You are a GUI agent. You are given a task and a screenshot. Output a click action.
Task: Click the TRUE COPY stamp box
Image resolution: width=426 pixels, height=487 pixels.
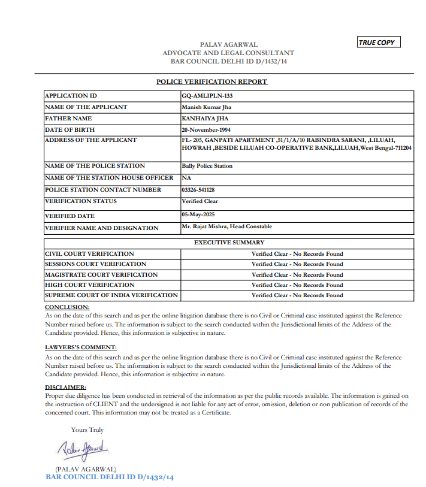click(377, 43)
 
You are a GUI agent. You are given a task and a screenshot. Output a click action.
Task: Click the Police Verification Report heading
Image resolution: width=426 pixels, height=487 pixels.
click(212, 81)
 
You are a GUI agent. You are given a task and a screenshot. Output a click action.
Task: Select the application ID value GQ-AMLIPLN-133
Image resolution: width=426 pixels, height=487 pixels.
click(207, 96)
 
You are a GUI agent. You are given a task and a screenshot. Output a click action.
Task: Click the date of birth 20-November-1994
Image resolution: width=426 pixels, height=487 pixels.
click(206, 129)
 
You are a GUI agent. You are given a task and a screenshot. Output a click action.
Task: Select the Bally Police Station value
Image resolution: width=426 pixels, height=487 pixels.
click(207, 166)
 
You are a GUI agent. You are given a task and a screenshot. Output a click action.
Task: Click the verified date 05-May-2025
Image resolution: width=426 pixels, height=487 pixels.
click(198, 214)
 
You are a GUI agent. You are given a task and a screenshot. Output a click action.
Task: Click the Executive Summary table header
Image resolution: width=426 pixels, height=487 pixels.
click(229, 243)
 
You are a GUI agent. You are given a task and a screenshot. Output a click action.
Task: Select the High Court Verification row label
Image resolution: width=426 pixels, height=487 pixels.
click(90, 285)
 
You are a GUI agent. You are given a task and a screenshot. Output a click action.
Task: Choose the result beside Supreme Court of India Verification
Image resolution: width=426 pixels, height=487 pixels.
click(297, 295)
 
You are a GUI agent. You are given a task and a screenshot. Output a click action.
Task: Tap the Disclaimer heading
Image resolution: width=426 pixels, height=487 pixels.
click(65, 388)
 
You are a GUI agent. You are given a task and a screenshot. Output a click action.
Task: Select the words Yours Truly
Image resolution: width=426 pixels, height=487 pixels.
click(87, 429)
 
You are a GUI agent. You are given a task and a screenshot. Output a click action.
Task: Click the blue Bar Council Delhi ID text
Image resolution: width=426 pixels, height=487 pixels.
click(110, 477)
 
